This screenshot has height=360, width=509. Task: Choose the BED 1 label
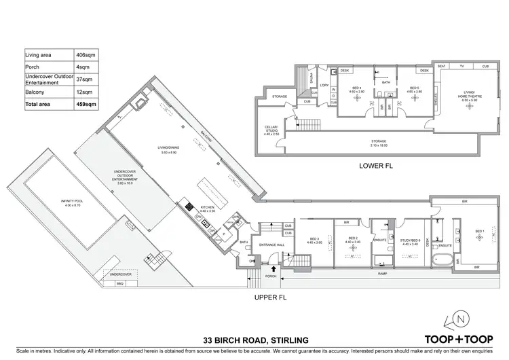point(479,231)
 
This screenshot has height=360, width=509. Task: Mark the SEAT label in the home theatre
point(442,67)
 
